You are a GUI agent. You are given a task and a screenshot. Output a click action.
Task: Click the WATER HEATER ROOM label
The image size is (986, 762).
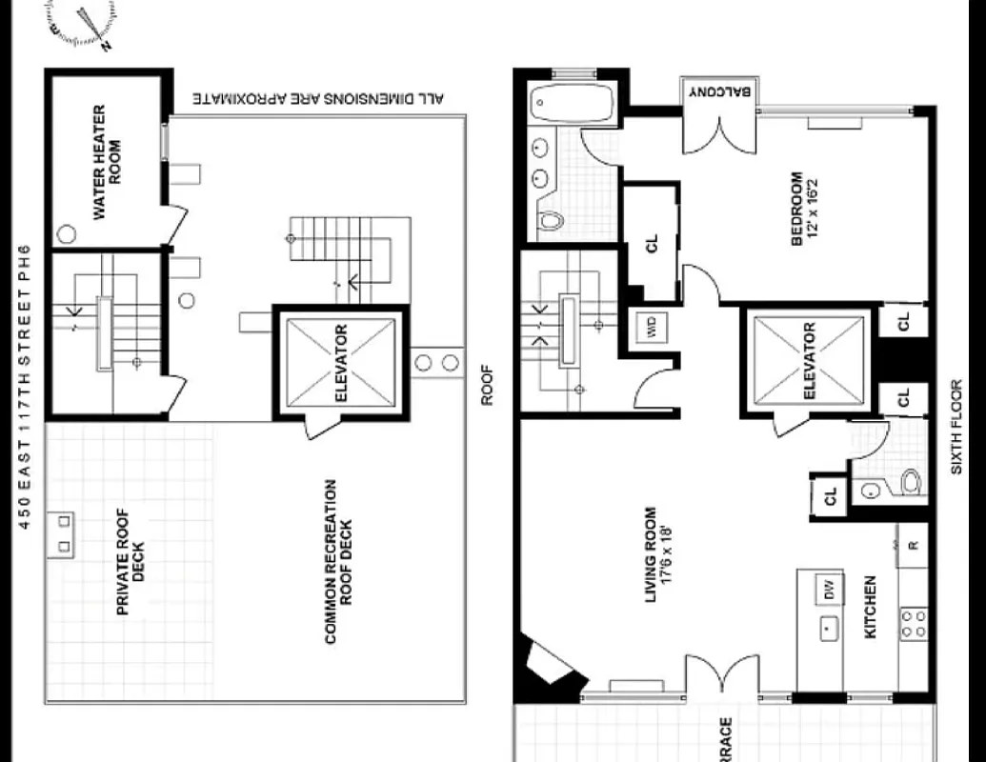tap(107, 163)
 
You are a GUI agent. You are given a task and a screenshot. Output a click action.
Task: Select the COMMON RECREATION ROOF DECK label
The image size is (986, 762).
tap(338, 562)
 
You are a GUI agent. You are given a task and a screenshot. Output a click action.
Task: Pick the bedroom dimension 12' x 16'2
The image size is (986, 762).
tap(805, 209)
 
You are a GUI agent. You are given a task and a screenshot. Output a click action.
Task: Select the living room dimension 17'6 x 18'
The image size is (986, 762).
tap(659, 554)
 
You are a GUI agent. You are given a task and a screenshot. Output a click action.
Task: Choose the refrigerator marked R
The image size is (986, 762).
tap(913, 545)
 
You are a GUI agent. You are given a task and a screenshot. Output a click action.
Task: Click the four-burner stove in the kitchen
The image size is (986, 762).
tap(913, 624)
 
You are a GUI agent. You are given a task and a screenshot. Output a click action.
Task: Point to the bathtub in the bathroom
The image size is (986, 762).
tap(573, 102)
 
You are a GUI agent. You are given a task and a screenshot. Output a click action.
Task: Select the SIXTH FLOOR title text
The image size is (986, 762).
tap(957, 427)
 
